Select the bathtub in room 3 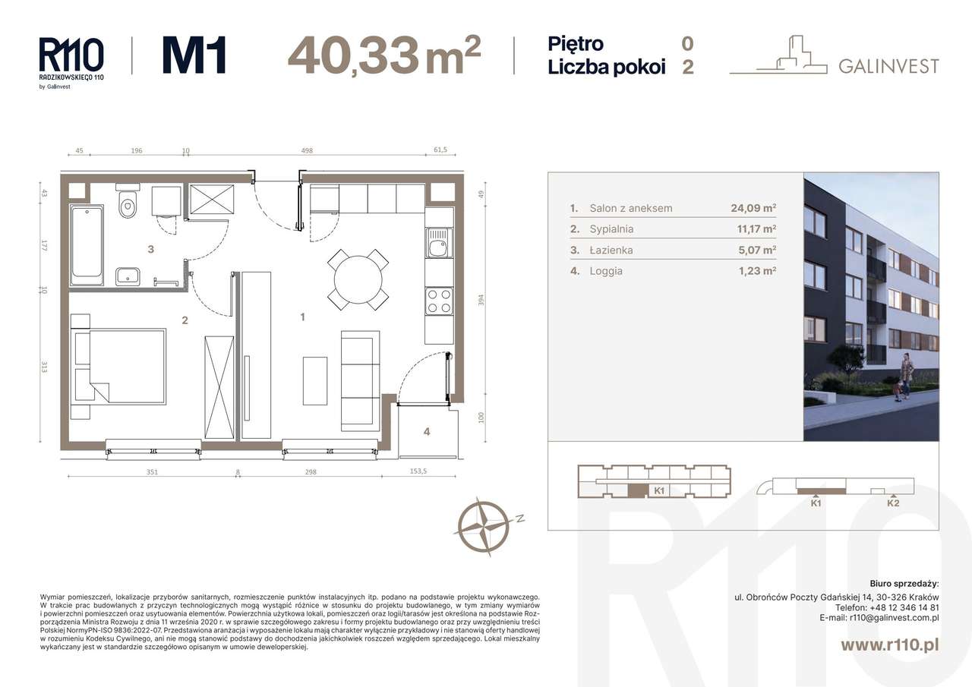coord(87,245)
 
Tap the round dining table coord(358,279)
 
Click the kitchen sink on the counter coord(439,243)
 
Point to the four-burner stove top coord(439,301)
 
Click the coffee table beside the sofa coord(315,381)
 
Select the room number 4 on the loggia coord(427,431)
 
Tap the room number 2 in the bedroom coord(185,320)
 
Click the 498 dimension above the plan coord(307,150)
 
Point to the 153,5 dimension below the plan coord(418,471)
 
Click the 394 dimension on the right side coord(481,300)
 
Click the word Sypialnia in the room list coord(611,228)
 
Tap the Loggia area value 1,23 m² coord(757,271)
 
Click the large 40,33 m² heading coord(384,55)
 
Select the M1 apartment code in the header coord(194,55)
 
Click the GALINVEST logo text coord(888,66)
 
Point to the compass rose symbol coord(484,527)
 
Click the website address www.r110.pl coord(890,644)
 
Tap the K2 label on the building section coord(893,503)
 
